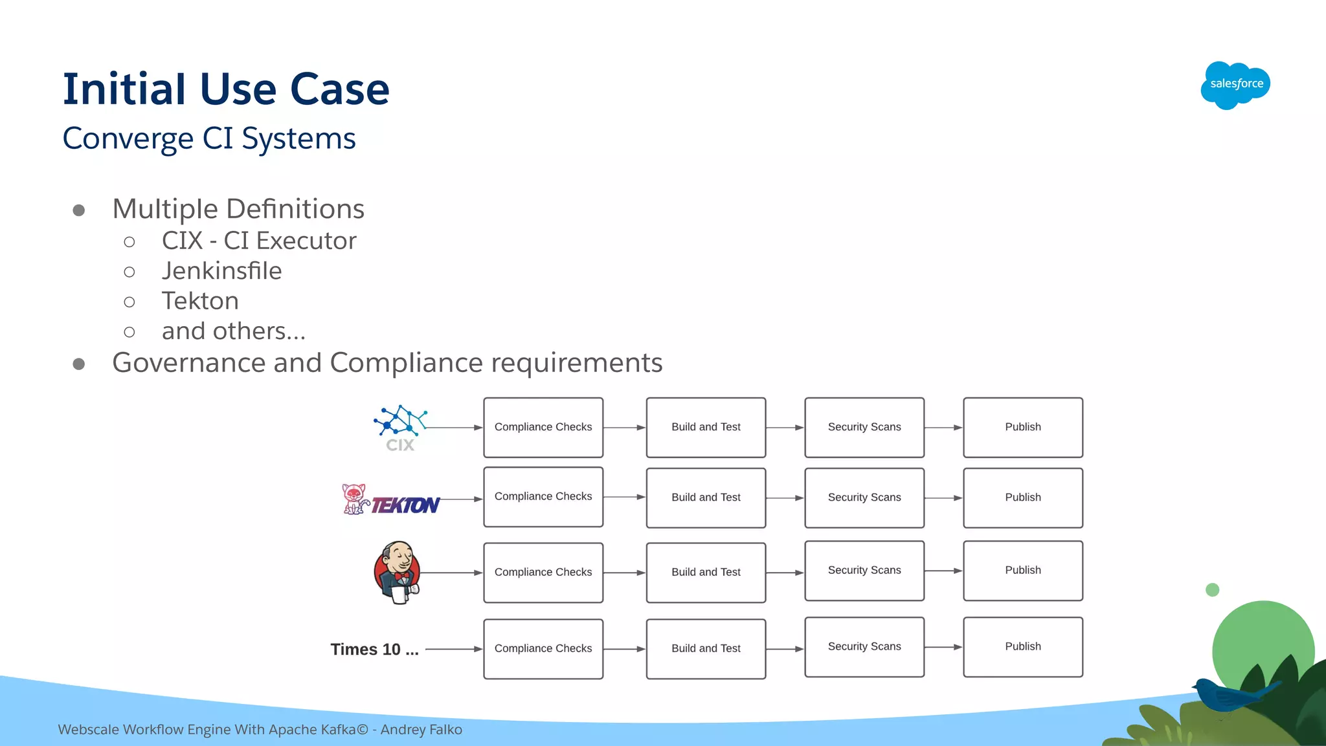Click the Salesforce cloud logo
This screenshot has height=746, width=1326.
click(1235, 85)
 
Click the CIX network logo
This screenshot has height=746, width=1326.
click(400, 427)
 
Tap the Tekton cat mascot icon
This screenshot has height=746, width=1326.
click(354, 499)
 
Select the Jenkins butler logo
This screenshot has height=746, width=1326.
click(398, 572)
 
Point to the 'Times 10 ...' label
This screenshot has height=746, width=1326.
click(374, 649)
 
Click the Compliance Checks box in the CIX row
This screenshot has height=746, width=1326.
click(543, 427)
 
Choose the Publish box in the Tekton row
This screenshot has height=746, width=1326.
click(1023, 498)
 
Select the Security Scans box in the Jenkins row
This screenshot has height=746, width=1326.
click(864, 570)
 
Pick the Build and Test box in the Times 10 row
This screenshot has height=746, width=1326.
click(706, 648)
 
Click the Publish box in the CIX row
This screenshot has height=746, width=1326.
click(1023, 427)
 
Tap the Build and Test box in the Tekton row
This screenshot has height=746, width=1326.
click(706, 498)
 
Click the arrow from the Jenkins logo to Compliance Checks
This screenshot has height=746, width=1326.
click(452, 573)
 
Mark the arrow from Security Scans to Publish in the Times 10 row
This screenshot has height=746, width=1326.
click(943, 647)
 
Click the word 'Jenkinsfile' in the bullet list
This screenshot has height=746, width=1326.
click(221, 271)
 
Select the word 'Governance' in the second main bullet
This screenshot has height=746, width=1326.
click(188, 363)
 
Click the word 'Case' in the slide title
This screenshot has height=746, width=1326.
click(339, 89)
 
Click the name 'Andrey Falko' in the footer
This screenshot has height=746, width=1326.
click(421, 730)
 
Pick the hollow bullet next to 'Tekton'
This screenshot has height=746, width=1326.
click(129, 302)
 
